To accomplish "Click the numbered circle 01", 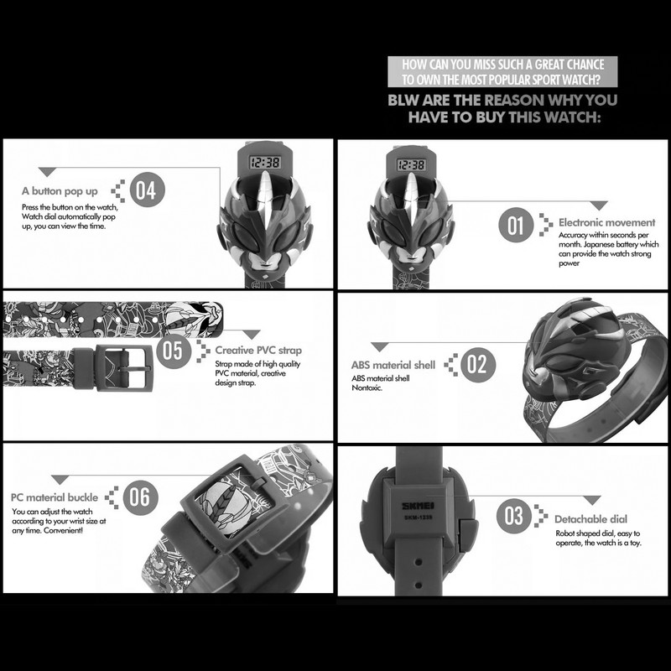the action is (516, 225).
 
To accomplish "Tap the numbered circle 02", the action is (478, 365).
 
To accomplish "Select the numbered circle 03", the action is (514, 516).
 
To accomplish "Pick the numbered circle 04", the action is (148, 190).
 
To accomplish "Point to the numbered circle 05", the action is (174, 351).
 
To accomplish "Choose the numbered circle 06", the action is (140, 497).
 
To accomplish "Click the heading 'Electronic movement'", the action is (606, 222).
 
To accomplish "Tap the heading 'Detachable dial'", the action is (591, 519).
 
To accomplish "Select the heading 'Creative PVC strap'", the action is (258, 350).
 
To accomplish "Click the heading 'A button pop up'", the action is (60, 191).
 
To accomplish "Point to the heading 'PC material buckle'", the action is (55, 497).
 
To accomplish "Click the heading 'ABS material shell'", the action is (393, 365).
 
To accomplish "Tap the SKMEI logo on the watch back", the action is (418, 506).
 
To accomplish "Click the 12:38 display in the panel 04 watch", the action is (265, 162).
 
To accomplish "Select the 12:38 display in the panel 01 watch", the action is (411, 164).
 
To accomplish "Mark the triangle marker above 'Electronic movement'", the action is (599, 205).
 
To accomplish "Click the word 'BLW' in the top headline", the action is (403, 100).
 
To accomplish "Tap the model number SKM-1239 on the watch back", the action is (418, 518).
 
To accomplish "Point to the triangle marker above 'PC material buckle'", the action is (60, 479).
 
